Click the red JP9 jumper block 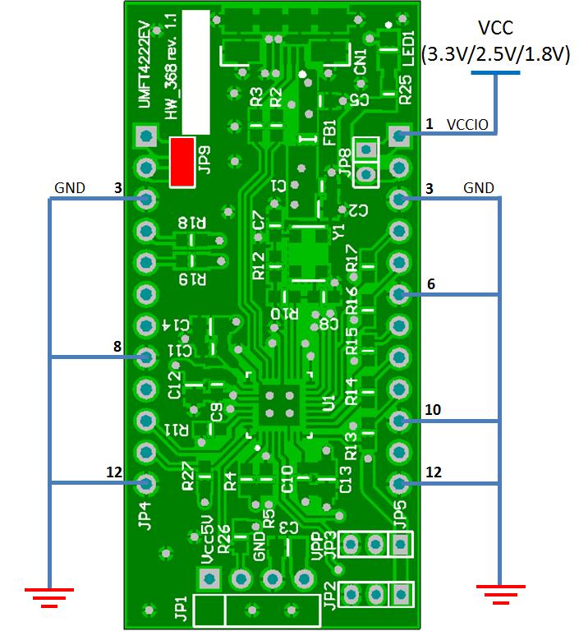pos(182,162)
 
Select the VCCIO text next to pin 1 pos(468,125)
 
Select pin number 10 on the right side pos(434,409)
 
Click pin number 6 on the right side pos(430,283)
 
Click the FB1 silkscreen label pos(329,132)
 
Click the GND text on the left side pos(70,188)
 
